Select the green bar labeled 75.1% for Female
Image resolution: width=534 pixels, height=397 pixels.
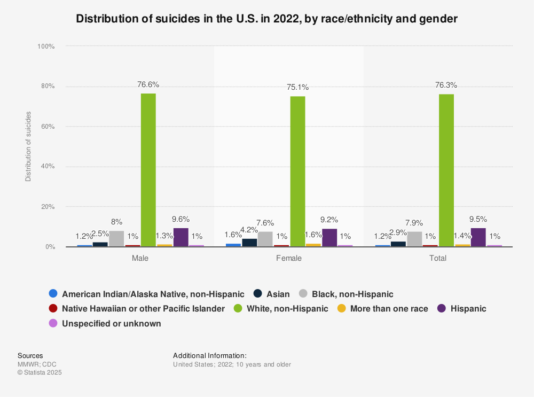(x=297, y=172)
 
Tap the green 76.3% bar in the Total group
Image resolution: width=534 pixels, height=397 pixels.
(x=446, y=170)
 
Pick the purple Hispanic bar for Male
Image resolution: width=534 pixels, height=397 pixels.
(x=180, y=237)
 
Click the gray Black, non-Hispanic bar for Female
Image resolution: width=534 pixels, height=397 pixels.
(x=265, y=239)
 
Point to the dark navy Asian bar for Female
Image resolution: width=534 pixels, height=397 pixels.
(x=249, y=243)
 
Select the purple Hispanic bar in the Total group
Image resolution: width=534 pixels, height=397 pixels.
(x=478, y=237)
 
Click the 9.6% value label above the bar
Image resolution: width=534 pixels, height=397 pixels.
(x=181, y=219)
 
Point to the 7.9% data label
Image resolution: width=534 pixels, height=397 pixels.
(x=415, y=223)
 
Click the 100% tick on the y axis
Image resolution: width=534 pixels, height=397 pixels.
(x=46, y=46)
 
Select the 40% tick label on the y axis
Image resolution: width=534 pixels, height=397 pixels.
(x=48, y=167)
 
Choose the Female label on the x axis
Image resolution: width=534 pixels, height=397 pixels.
(x=289, y=259)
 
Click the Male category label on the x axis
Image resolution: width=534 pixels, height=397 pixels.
(x=140, y=259)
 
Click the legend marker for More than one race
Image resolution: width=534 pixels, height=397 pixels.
(x=342, y=308)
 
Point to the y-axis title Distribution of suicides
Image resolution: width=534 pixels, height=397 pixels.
(x=28, y=146)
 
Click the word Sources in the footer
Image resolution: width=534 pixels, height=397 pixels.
(x=30, y=355)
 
